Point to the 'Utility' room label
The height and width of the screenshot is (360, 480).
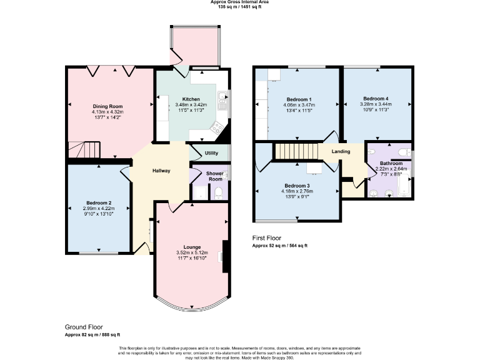(x=211, y=152)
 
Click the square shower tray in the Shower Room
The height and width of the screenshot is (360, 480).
(x=199, y=192)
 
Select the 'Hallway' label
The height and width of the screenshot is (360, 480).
(x=161, y=171)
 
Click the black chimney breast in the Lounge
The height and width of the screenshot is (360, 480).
(x=225, y=256)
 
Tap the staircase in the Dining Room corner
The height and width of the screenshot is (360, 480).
(x=84, y=150)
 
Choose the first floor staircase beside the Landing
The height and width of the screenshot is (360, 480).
(x=297, y=151)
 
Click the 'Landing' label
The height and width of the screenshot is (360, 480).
(x=341, y=151)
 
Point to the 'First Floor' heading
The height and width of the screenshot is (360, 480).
(x=266, y=238)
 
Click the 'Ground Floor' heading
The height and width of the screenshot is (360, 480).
(x=84, y=327)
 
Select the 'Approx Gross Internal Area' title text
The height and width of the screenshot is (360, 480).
(x=239, y=2)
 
